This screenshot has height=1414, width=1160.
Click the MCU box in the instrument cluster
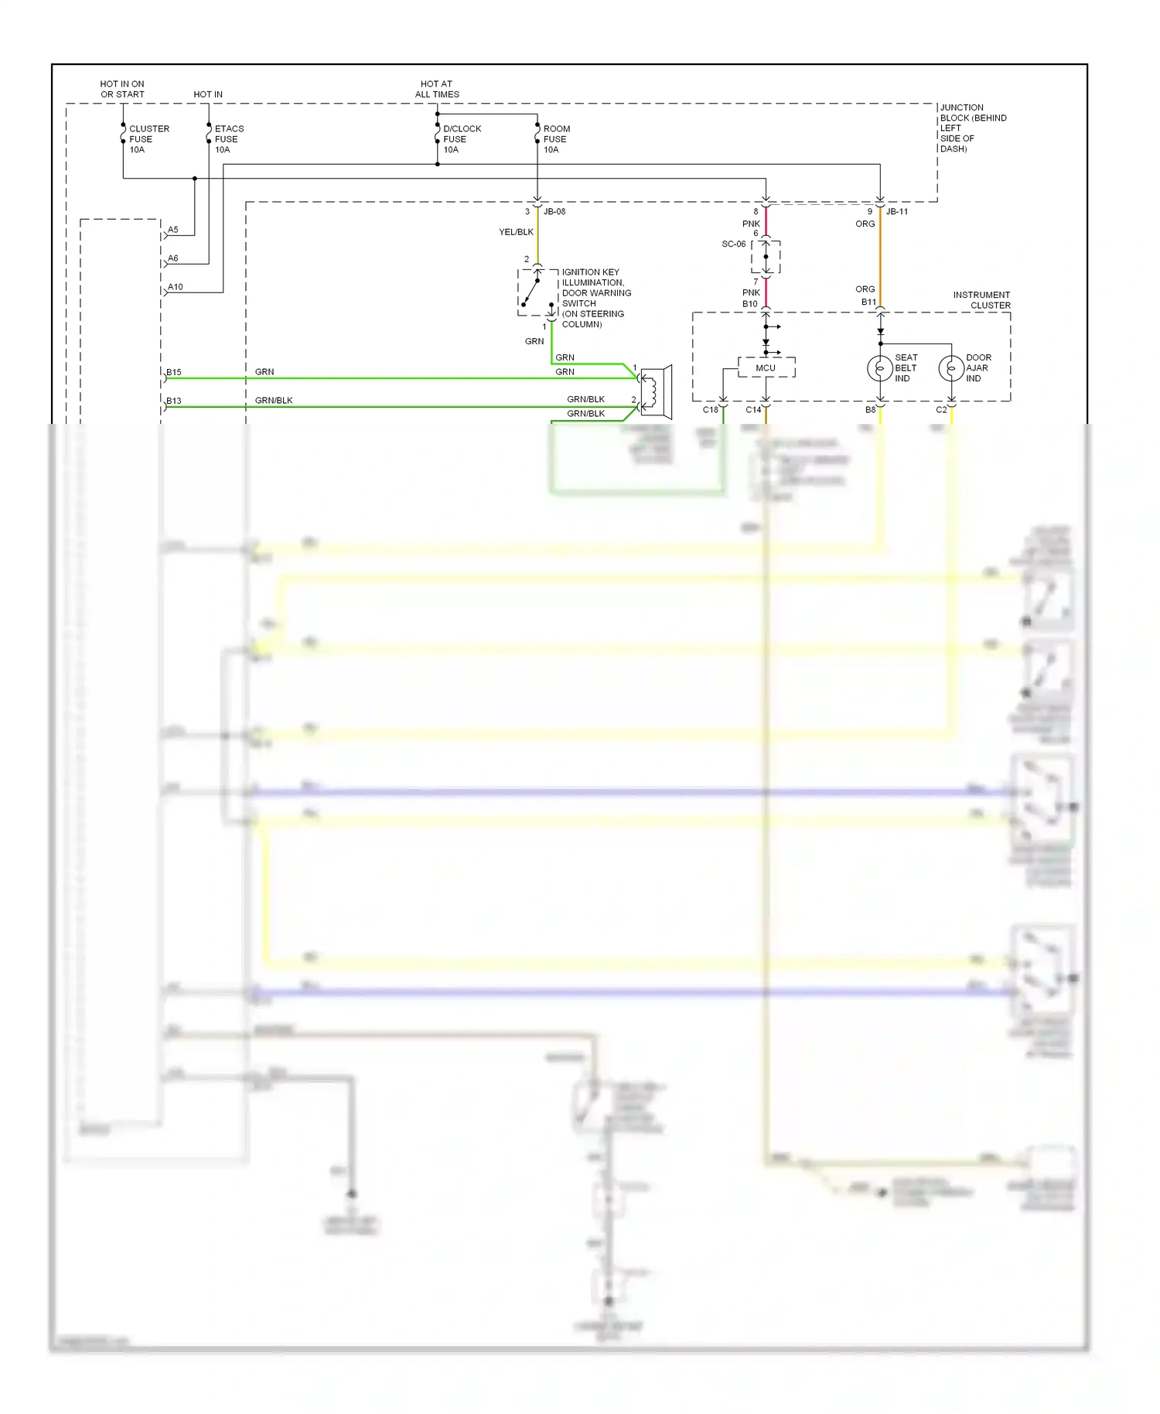766,367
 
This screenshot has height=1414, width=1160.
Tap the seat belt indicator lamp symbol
880,368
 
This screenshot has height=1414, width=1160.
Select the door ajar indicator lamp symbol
951,368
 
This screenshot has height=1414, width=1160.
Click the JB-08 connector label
554,211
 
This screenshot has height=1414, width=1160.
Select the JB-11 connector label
897,211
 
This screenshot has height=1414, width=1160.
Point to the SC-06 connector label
733,244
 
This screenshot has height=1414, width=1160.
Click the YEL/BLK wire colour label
516,232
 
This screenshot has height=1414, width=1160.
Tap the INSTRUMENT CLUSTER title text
981,300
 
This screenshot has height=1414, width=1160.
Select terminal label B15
174,372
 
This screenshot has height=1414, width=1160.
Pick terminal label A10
176,287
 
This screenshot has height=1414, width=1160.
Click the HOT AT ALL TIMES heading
437,89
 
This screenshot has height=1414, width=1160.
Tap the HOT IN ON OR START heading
122,89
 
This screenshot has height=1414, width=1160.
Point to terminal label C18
710,410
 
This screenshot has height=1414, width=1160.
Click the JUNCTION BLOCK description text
972,128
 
